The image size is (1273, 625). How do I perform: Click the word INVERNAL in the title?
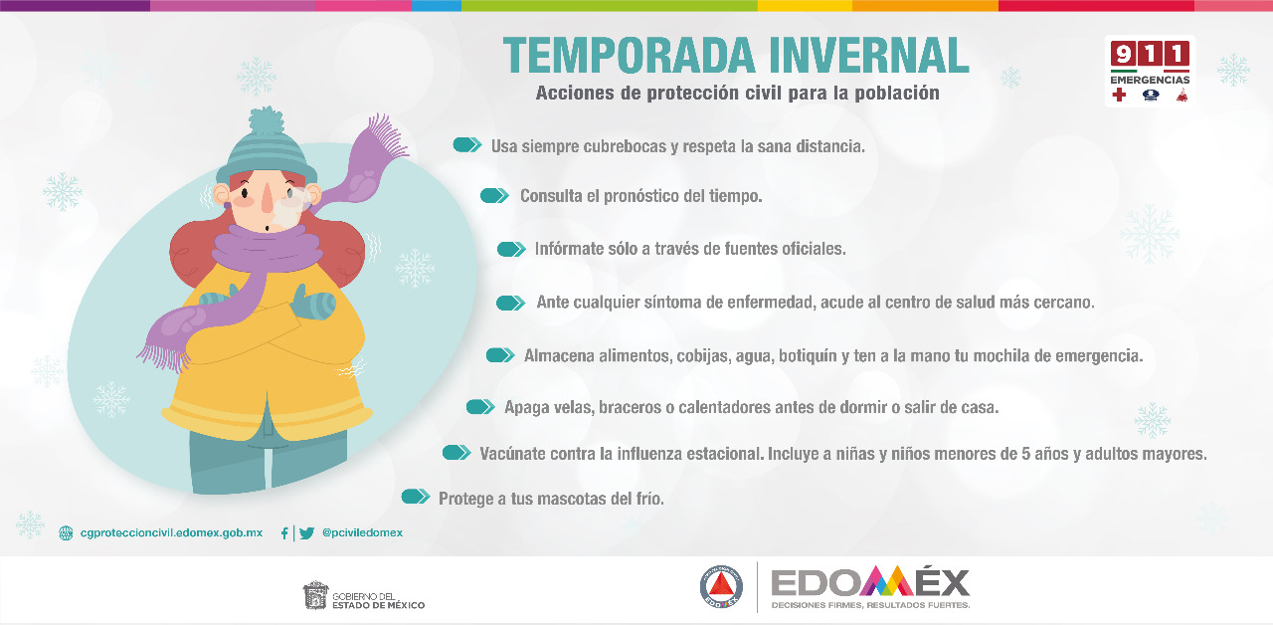click(x=869, y=55)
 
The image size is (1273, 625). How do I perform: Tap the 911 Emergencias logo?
click(x=1151, y=71)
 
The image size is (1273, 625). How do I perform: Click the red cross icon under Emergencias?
click(x=1119, y=95)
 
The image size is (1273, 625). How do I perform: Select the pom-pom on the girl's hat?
click(x=266, y=120)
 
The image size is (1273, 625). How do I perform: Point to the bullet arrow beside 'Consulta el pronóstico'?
click(x=494, y=196)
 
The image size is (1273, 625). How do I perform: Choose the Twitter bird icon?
click(x=307, y=532)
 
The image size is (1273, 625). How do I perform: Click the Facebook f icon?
click(x=284, y=532)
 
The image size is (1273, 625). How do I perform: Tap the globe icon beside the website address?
click(x=66, y=532)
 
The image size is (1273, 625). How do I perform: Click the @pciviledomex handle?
click(x=362, y=532)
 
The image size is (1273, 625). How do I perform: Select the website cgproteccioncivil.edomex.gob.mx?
click(x=171, y=532)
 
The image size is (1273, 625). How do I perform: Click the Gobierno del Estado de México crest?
click(x=315, y=595)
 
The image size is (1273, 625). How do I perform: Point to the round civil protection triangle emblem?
click(x=721, y=587)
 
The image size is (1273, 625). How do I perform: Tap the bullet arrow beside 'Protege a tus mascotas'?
click(x=416, y=497)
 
